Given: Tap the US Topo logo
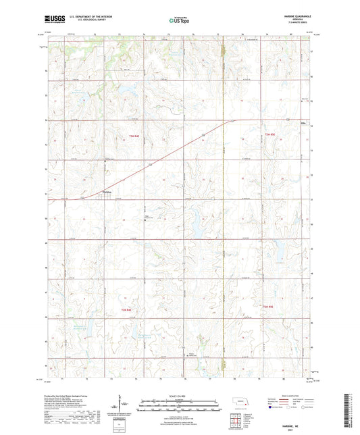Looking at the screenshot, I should coord(179,22).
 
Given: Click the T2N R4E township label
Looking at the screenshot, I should coord(127,310).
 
